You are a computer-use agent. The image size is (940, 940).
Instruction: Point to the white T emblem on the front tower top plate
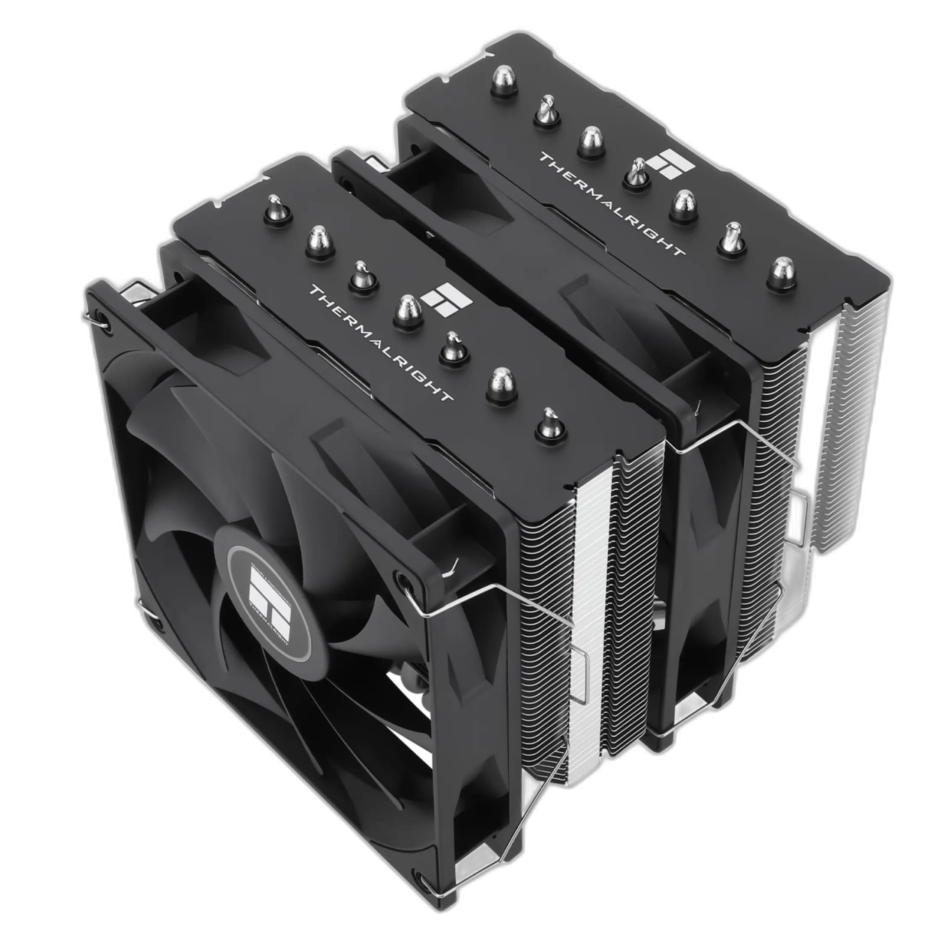click(x=446, y=298)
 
